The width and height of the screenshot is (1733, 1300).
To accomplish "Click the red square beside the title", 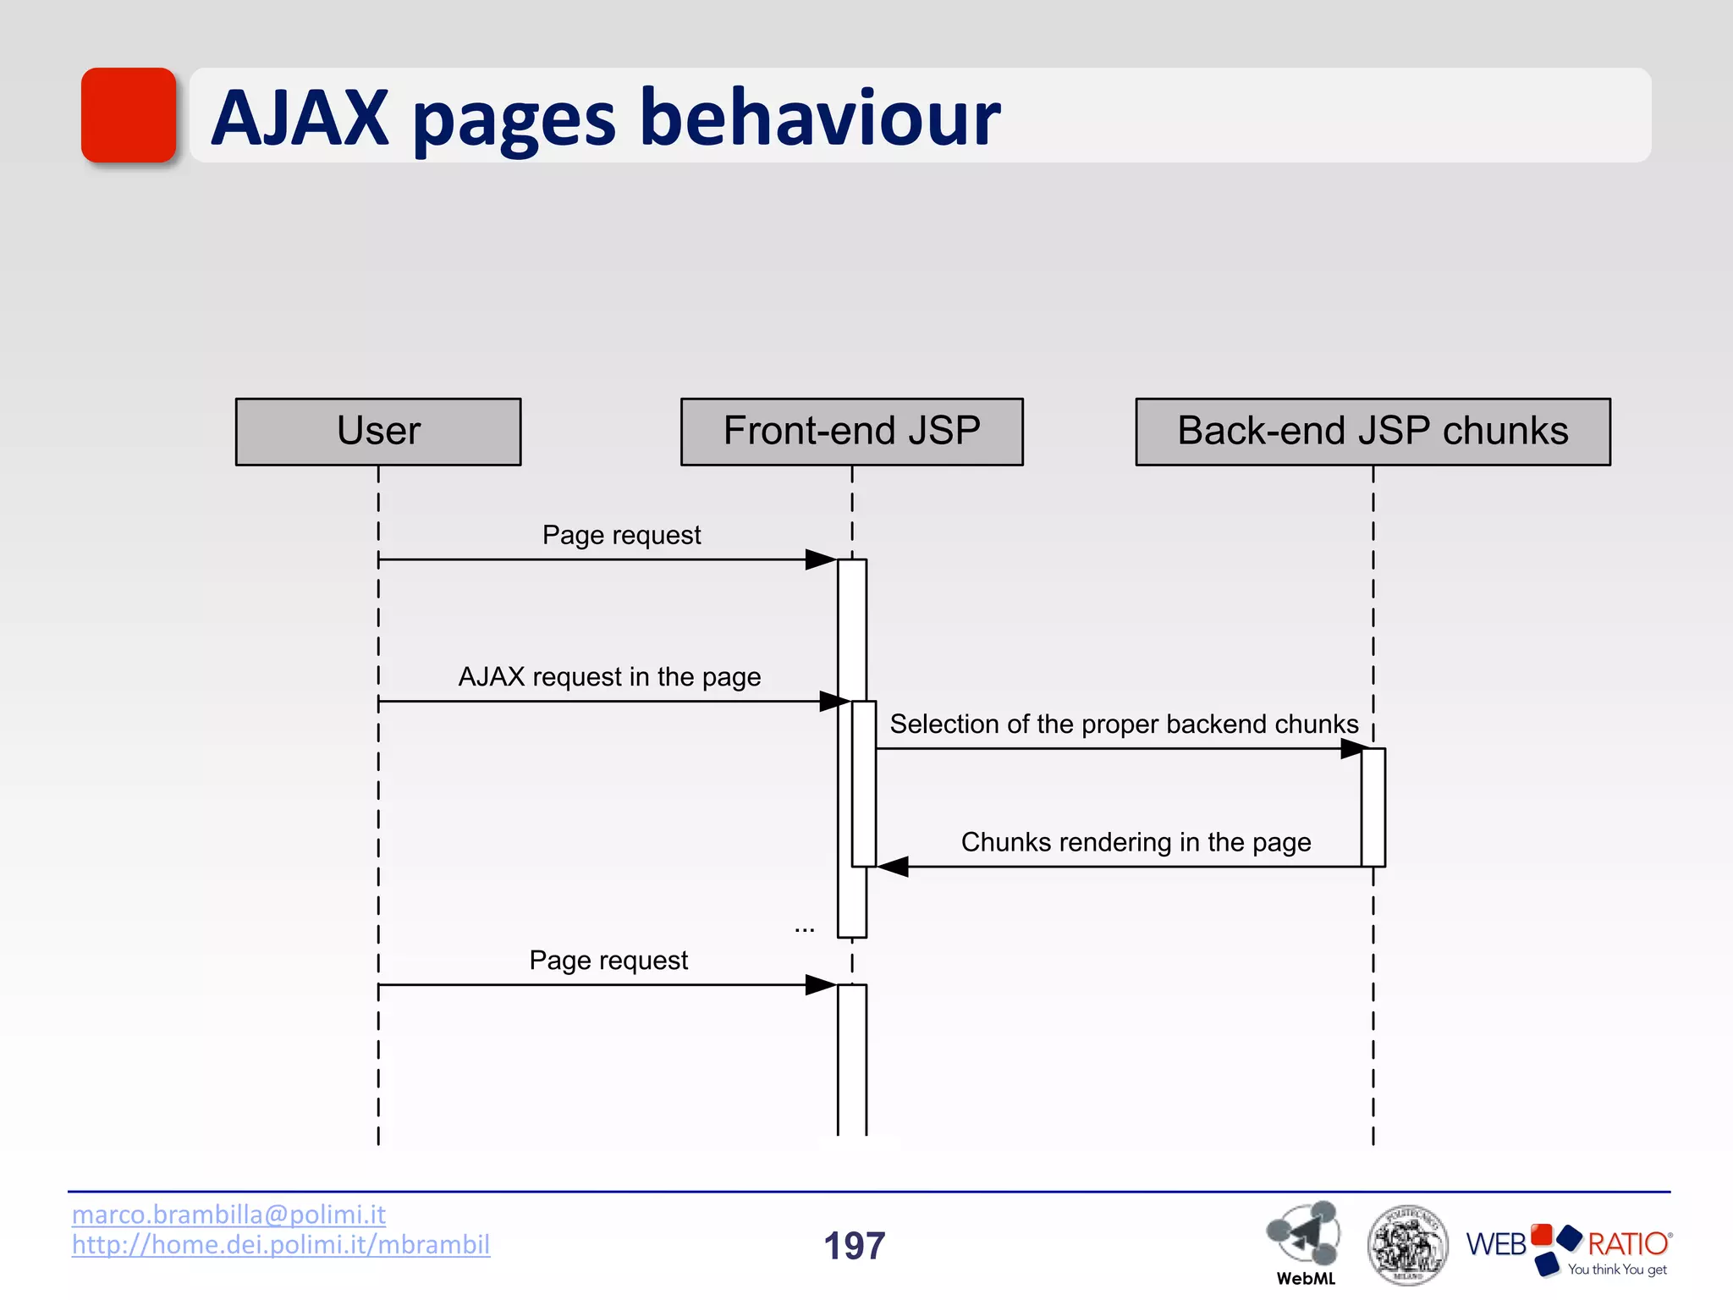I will coord(129,115).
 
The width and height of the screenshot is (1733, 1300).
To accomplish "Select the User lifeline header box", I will coord(378,432).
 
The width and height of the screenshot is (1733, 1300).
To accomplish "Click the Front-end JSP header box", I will coord(851,432).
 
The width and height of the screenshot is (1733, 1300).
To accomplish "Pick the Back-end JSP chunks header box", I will coord(1373,432).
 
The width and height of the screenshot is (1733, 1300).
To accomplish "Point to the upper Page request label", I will coord(621,536).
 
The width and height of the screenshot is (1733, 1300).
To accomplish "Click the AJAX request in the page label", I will coord(609,677).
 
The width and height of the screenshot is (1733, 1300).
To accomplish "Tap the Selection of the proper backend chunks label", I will coord(1124,724).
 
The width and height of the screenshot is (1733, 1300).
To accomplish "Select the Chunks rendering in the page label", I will coord(1136,843).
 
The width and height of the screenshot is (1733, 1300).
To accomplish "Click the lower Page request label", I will coord(608,961).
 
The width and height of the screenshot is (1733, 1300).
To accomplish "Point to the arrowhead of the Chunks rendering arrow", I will coord(894,867).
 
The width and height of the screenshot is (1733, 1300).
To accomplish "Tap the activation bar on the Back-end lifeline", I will coord(1373,806).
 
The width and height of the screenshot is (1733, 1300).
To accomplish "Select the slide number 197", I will coord(854,1246).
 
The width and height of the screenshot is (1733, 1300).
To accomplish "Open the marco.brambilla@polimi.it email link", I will coord(228,1215).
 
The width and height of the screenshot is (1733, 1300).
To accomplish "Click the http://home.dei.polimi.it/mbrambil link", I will coord(280,1245).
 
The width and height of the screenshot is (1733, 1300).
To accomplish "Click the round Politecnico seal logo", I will coord(1406,1244).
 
